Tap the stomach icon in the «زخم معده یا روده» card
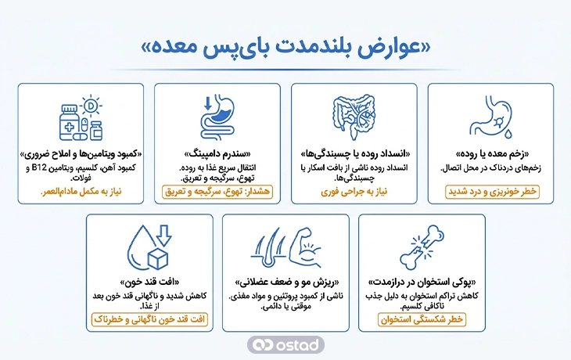coord(490,117)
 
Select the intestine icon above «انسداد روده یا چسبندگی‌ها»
coord(354,117)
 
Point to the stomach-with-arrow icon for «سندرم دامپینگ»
coord(217,117)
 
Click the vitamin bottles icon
coord(81,117)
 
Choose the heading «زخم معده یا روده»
coord(490,153)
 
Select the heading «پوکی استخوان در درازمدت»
coord(422,283)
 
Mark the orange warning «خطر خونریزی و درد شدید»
coord(490,191)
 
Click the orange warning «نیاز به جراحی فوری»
coord(354,191)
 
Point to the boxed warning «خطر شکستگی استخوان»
coord(422,319)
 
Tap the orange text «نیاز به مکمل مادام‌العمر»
coord(81,191)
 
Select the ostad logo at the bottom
coord(285,344)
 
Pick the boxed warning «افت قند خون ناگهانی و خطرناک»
coord(149,319)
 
